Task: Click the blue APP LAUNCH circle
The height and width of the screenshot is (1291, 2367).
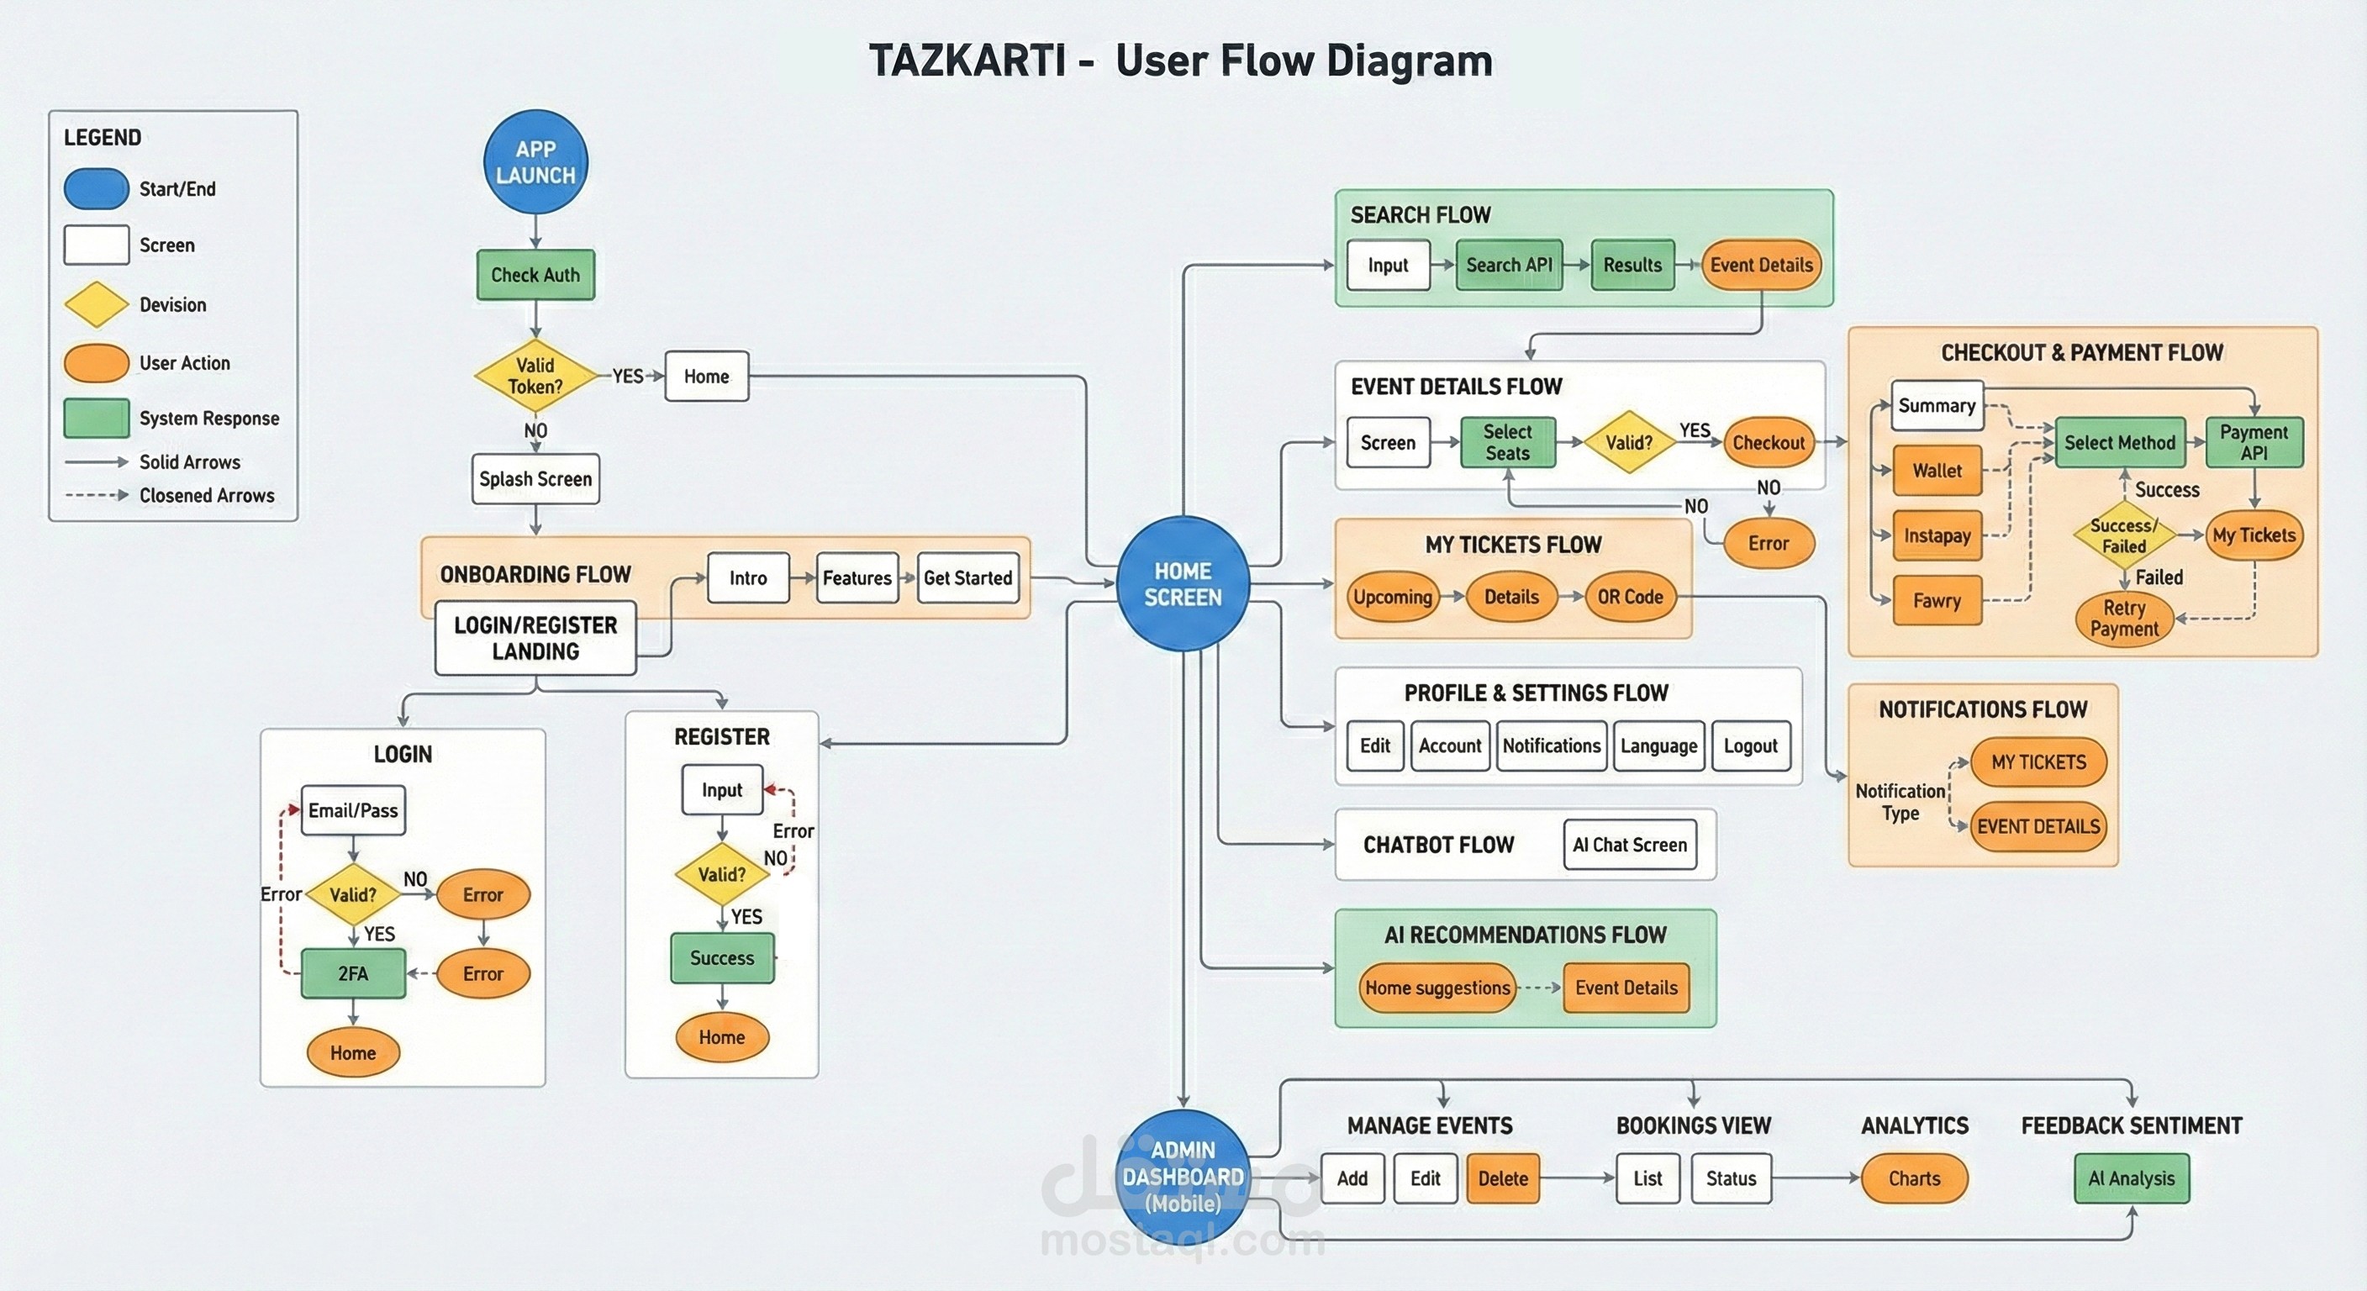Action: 535,163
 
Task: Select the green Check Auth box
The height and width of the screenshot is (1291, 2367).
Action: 535,275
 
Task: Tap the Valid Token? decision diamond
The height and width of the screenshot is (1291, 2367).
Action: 535,376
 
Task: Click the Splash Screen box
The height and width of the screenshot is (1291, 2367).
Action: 535,479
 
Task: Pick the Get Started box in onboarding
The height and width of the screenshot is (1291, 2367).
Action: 967,578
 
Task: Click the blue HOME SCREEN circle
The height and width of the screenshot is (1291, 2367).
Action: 1183,584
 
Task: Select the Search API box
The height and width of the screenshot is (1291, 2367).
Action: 1509,265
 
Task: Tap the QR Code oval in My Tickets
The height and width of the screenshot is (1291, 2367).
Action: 1630,598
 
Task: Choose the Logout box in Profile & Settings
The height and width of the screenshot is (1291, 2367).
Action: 1750,746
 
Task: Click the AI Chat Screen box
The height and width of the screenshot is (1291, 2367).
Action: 1629,846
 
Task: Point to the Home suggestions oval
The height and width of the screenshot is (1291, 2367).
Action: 1437,988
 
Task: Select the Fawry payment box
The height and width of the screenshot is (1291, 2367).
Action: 1937,601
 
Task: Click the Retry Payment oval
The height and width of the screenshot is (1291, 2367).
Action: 2123,619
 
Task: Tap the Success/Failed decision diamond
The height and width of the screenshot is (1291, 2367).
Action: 2123,535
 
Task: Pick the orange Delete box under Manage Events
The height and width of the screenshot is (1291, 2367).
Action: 1502,1179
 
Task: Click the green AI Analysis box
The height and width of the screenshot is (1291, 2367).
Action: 2131,1179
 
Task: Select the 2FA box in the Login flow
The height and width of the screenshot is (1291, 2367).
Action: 353,974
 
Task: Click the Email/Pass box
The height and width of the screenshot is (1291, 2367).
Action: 353,810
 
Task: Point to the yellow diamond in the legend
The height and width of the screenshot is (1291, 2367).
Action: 97,304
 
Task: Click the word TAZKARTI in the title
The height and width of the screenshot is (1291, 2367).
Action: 967,61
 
